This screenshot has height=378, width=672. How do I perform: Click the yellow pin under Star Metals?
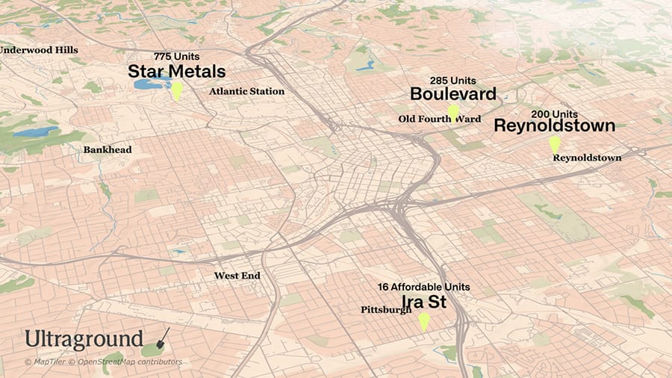(x=177, y=90)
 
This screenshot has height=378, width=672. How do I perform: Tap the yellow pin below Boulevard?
(x=452, y=113)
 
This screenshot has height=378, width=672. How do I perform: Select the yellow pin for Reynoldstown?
(x=554, y=144)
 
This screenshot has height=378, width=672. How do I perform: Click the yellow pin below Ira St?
(x=423, y=321)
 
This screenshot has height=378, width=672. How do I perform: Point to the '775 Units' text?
(x=177, y=57)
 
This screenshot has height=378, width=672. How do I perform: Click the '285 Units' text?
(x=452, y=80)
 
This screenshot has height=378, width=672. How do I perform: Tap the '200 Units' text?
(x=554, y=114)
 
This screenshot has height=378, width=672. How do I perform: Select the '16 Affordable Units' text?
(x=423, y=287)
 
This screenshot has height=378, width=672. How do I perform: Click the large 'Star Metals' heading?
(x=177, y=72)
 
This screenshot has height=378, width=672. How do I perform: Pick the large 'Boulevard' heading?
(x=452, y=94)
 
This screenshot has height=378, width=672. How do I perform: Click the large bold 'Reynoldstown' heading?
(x=554, y=126)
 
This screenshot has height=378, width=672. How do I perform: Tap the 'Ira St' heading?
(x=424, y=301)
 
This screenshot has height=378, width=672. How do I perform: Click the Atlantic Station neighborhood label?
(x=246, y=91)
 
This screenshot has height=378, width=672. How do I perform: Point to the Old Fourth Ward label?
(x=439, y=119)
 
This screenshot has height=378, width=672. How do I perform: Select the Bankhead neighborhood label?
(x=108, y=149)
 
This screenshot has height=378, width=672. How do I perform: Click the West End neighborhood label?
(x=237, y=276)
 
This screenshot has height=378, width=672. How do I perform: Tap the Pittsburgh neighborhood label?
(x=386, y=309)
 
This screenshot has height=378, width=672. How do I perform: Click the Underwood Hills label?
(x=39, y=49)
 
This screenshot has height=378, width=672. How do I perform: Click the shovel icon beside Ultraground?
(x=161, y=340)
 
